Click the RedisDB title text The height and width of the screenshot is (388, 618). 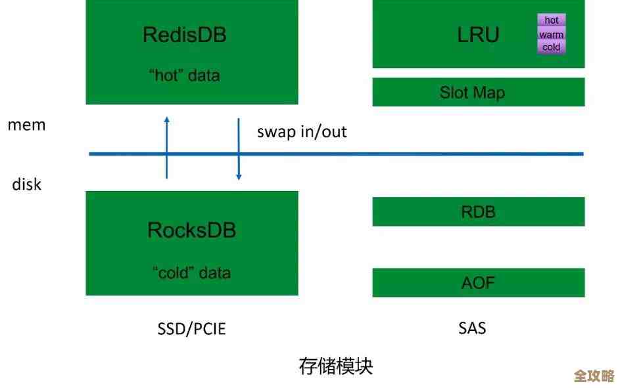click(x=185, y=35)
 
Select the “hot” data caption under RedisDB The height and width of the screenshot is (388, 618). click(x=185, y=75)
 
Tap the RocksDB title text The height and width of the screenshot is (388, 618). click(x=191, y=230)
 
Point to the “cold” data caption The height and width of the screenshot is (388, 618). click(x=191, y=272)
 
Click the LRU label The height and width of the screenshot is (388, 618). click(x=478, y=35)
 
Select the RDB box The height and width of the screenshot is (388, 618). click(x=478, y=212)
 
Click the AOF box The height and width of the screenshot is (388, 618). click(x=478, y=283)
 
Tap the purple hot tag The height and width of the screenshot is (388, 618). click(x=551, y=20)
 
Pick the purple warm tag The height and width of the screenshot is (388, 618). click(x=551, y=35)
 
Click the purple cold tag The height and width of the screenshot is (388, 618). click(x=551, y=47)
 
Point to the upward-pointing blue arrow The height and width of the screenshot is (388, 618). click(x=167, y=148)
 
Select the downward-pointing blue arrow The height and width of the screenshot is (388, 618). click(x=239, y=148)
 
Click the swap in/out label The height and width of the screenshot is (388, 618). click(x=302, y=131)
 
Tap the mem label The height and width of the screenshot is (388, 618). click(x=27, y=125)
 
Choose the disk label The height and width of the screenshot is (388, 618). click(x=27, y=184)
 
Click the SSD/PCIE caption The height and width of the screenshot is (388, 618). click(x=191, y=329)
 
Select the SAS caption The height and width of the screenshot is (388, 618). click(x=472, y=328)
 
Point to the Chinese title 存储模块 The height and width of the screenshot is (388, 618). click(x=335, y=366)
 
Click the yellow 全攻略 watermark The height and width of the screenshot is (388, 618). click(x=594, y=376)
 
